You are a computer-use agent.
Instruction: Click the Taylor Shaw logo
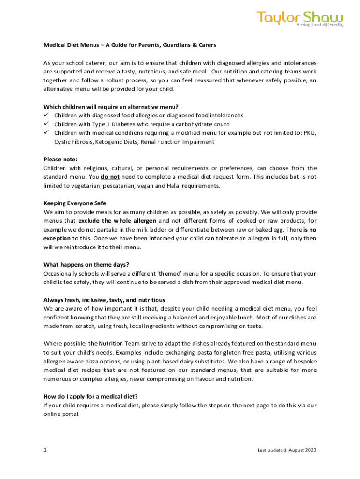[x=300, y=19]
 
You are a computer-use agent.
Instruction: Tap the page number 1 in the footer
[x=45, y=450]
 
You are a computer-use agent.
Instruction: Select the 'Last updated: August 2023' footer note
[x=287, y=450]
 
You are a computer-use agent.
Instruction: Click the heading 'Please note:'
[x=60, y=159]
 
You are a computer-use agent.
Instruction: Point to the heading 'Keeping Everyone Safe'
[x=75, y=203]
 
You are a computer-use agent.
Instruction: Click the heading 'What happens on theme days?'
[x=86, y=265]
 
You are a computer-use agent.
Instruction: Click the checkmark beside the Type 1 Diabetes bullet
[x=46, y=124]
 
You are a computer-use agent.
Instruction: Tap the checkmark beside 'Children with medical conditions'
[x=46, y=133]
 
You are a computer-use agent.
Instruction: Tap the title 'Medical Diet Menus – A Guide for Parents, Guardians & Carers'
[x=130, y=45]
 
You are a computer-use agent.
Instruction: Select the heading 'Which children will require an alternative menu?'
[x=111, y=107]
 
